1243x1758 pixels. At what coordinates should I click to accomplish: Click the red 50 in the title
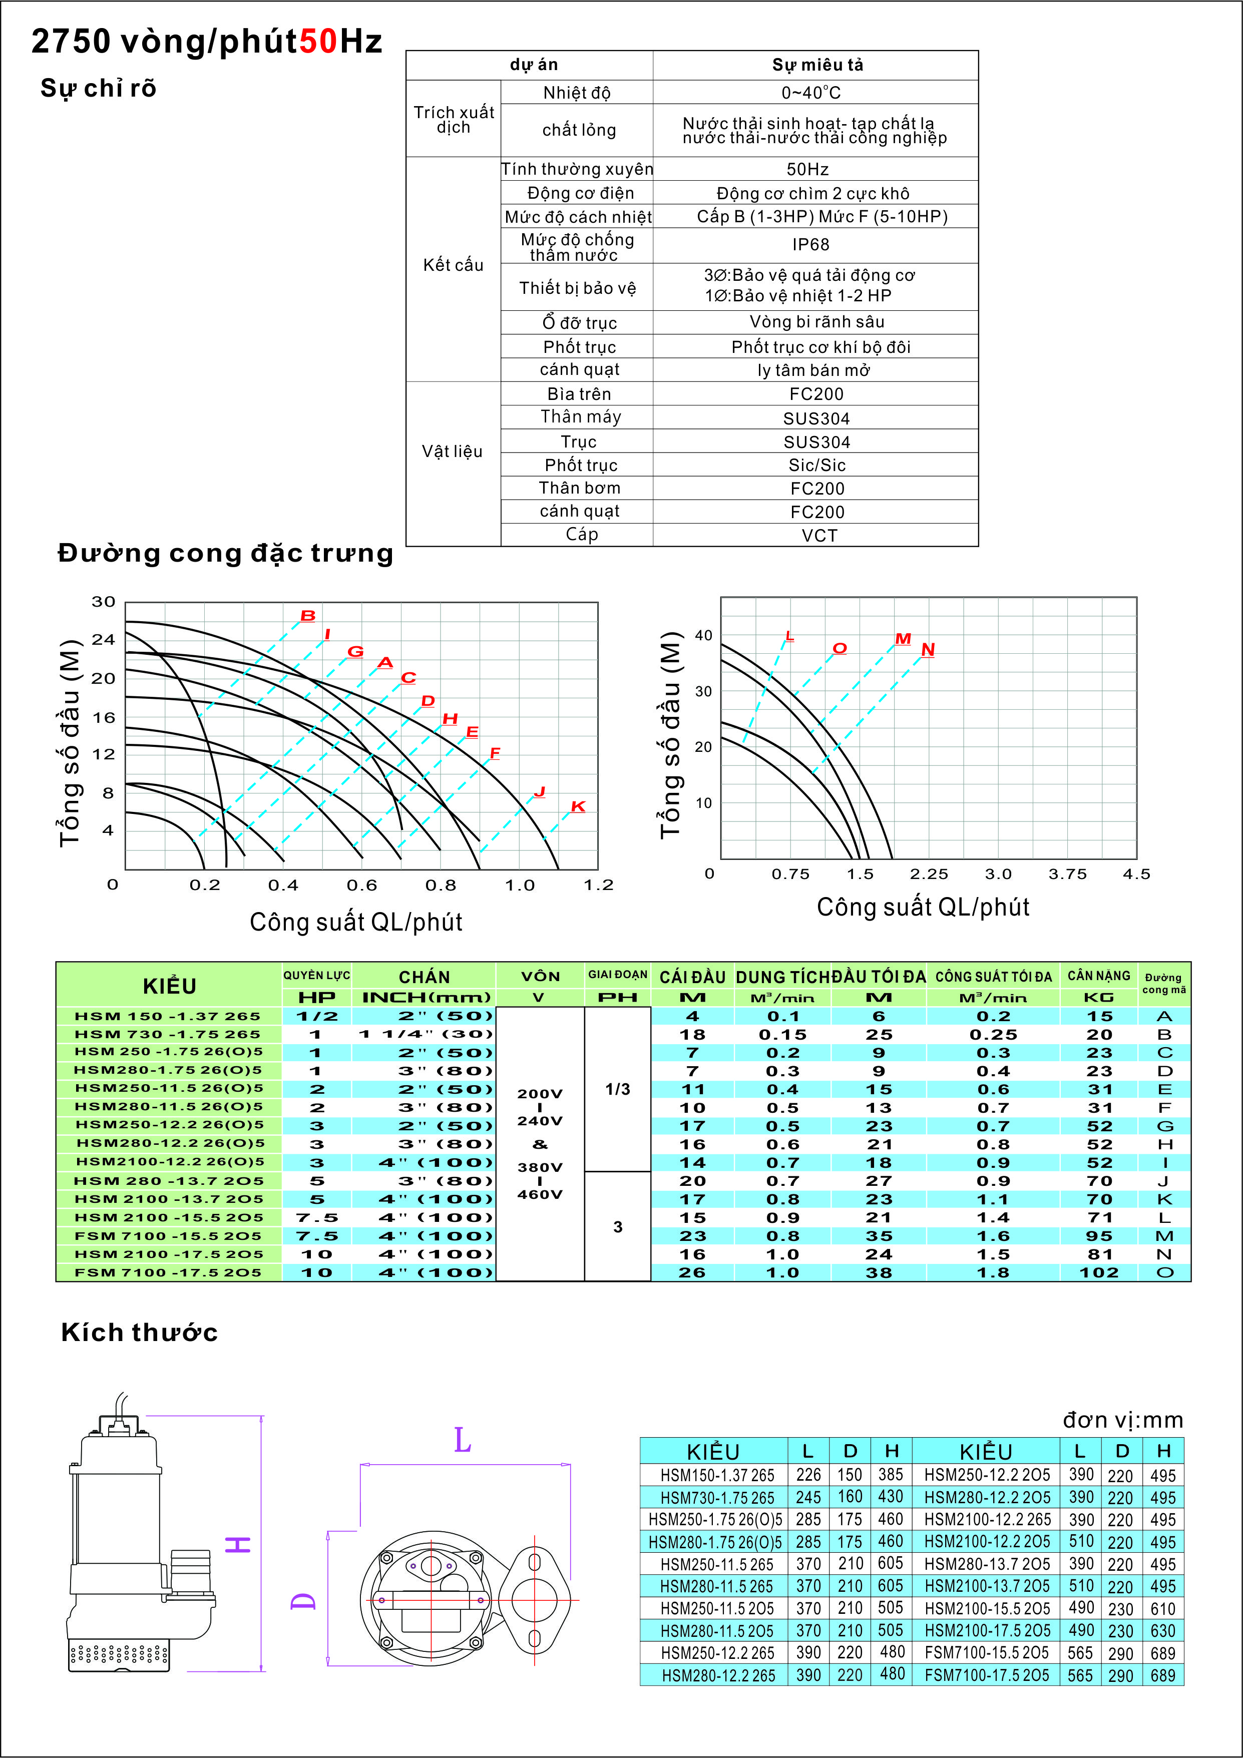[x=317, y=42]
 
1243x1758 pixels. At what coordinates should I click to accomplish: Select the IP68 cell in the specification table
[x=810, y=244]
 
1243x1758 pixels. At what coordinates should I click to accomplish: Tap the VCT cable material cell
[x=818, y=535]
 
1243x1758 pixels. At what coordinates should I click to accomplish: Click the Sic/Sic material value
[x=816, y=465]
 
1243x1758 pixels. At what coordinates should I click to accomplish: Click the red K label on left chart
[x=578, y=806]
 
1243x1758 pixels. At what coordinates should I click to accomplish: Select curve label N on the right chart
[x=928, y=649]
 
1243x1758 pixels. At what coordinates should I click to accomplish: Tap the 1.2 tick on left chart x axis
[x=598, y=885]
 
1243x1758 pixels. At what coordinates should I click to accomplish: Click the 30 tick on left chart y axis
[x=104, y=602]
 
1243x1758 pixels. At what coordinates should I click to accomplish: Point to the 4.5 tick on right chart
[x=1136, y=873]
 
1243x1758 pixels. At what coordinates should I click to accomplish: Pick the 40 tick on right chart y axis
[x=703, y=635]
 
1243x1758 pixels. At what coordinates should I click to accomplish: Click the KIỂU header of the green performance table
[x=169, y=986]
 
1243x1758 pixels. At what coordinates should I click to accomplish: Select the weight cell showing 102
[x=1098, y=1272]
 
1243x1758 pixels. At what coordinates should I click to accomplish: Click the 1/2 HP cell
[x=317, y=1016]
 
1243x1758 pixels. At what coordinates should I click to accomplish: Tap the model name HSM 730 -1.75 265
[x=168, y=1034]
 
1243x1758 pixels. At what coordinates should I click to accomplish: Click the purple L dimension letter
[x=463, y=1440]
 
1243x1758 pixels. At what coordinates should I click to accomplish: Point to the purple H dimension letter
[x=239, y=1544]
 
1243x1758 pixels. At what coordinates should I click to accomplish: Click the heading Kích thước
[x=139, y=1333]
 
